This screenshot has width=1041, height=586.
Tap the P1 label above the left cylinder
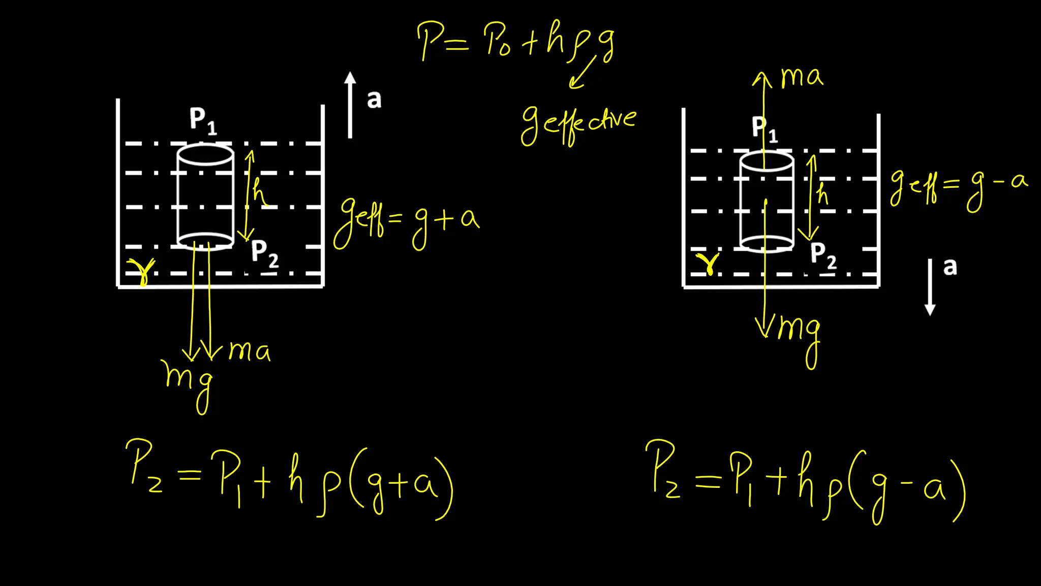(x=203, y=120)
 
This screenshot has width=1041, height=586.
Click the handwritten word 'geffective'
(x=578, y=124)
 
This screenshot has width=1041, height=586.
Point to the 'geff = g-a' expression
(x=958, y=188)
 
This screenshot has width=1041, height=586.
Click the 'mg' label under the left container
(x=188, y=382)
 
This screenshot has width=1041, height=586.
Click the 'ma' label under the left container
(x=249, y=351)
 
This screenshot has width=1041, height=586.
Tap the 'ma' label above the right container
(x=802, y=76)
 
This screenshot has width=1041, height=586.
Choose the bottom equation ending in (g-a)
(x=806, y=481)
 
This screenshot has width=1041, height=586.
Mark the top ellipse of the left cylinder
(x=205, y=154)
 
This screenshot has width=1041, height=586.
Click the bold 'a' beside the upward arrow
(x=374, y=100)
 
